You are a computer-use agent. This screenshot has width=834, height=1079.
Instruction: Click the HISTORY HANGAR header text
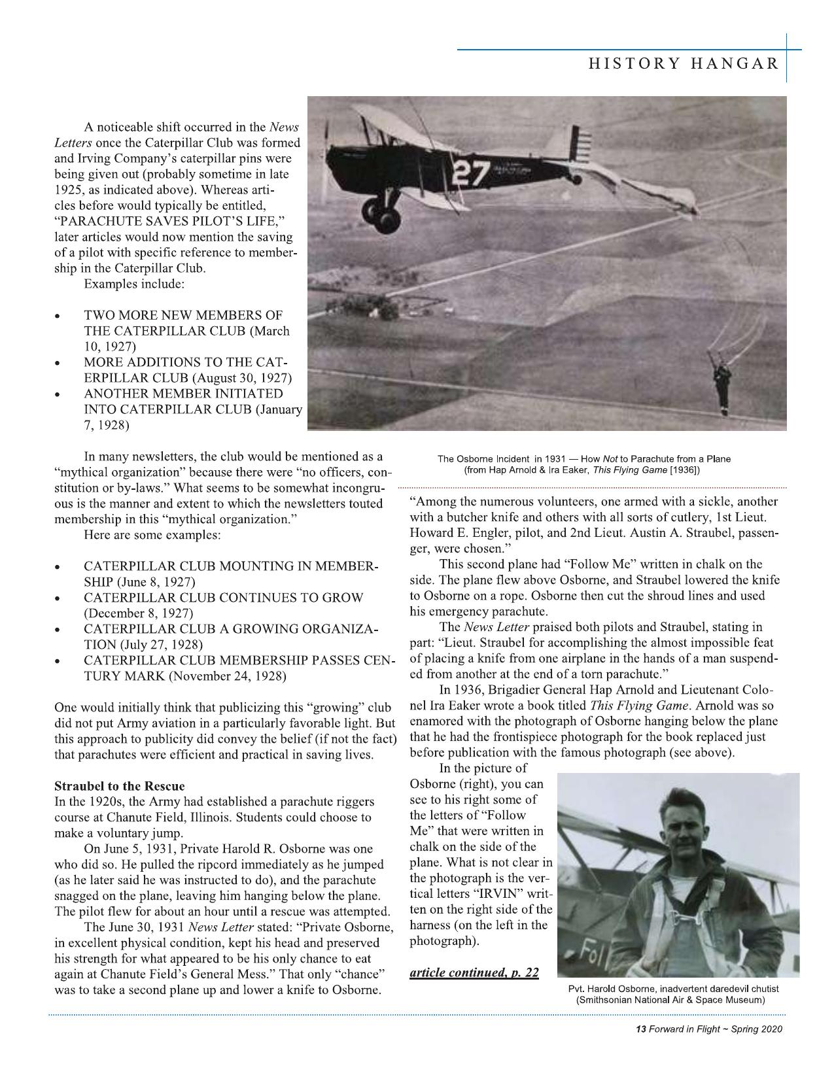683,63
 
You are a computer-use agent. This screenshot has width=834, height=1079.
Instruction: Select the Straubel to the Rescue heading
119,785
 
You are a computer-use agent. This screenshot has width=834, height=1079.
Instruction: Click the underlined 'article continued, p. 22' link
474,972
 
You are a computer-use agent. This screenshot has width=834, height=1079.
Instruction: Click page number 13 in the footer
640,1029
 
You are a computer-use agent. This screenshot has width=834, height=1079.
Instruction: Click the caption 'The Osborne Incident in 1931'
512,458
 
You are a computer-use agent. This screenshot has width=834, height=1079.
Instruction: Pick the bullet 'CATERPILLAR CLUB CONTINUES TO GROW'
222,598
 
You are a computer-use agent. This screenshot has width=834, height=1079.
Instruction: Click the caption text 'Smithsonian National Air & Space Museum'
670,1001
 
